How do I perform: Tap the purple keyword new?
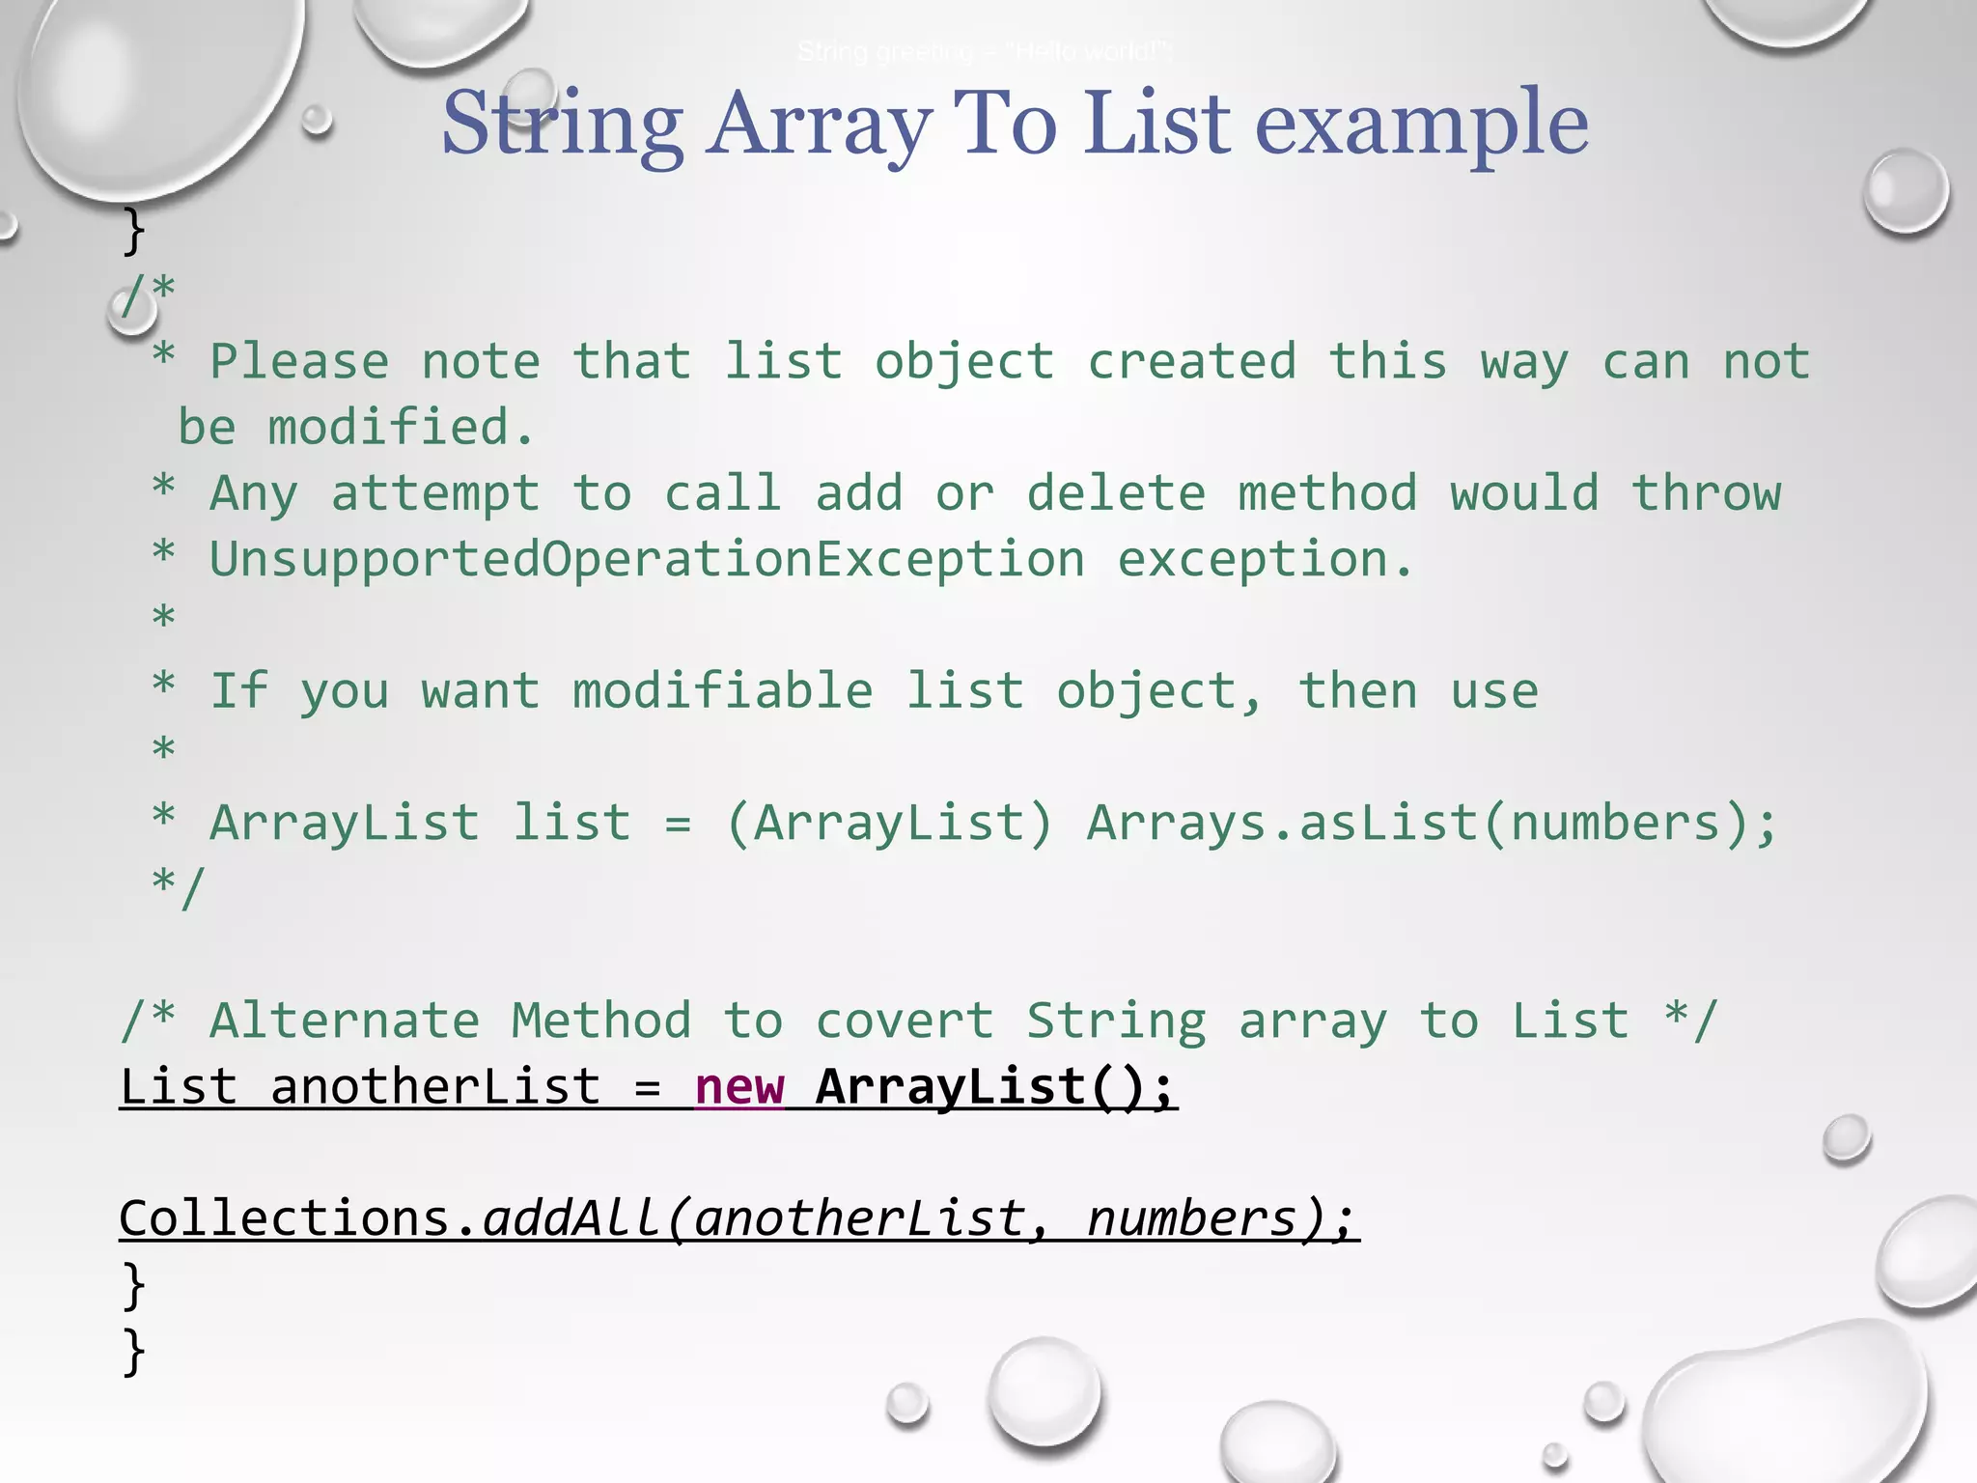click(x=739, y=1086)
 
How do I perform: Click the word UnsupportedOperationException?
click(x=647, y=560)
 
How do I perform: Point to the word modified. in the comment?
click(x=401, y=428)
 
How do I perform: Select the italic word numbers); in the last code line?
click(x=1221, y=1218)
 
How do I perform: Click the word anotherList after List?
click(x=435, y=1086)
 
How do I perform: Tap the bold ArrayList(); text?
click(x=994, y=1086)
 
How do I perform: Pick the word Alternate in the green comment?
click(x=345, y=1021)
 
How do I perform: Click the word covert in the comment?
click(x=905, y=1021)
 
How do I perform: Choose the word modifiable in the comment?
click(x=722, y=691)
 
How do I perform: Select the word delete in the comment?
click(x=1116, y=494)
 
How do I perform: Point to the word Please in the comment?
click(x=299, y=362)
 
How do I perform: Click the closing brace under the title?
click(x=134, y=231)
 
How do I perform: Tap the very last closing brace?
click(x=134, y=1350)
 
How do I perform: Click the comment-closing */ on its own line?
click(x=179, y=886)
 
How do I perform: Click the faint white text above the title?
click(x=985, y=52)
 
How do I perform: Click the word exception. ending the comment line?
click(x=1265, y=560)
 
